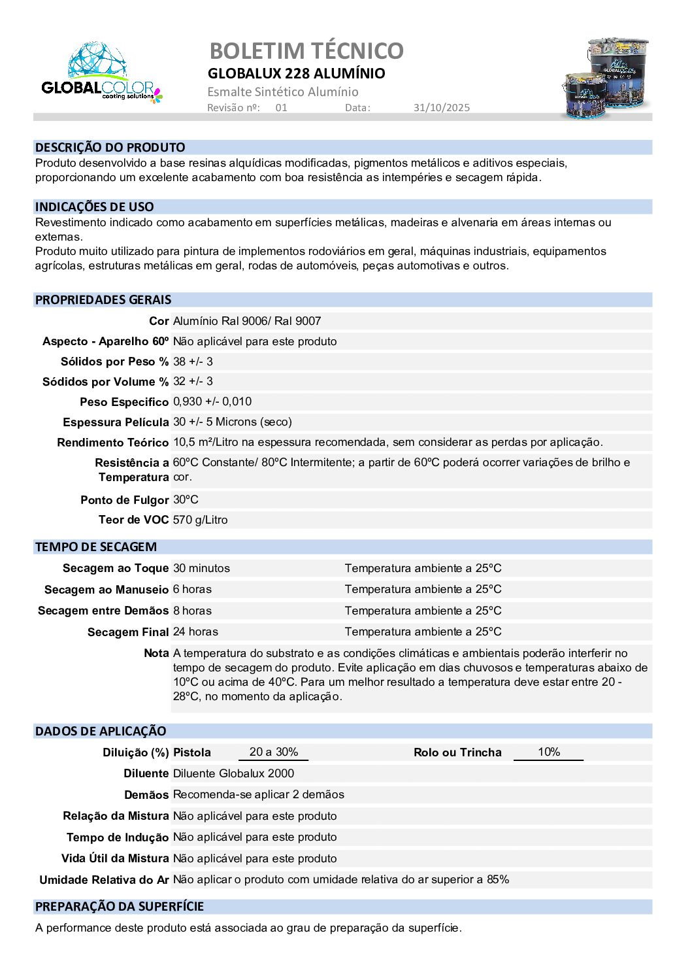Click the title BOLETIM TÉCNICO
click(306, 50)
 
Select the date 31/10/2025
click(441, 108)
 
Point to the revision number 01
click(281, 108)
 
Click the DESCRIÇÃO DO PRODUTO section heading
click(110, 147)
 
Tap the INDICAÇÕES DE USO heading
click(94, 207)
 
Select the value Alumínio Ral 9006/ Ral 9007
click(247, 321)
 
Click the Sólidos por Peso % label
click(114, 362)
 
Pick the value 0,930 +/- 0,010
click(212, 401)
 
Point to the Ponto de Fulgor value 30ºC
click(186, 499)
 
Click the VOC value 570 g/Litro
click(201, 520)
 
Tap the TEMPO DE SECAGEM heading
click(95, 547)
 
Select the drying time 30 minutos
click(201, 568)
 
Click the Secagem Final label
click(127, 632)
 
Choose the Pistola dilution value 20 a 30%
click(273, 752)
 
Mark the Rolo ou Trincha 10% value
click(549, 752)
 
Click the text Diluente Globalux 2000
click(233, 773)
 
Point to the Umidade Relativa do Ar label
click(104, 880)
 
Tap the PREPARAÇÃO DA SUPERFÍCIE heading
click(120, 906)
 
